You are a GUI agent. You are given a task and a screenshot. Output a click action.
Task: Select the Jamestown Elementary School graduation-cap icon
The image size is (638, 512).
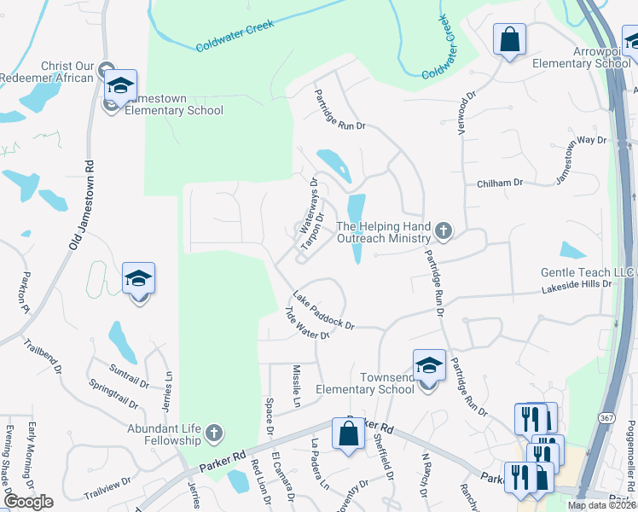[120, 85]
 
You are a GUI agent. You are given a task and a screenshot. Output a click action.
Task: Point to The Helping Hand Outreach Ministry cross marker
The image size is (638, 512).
[443, 230]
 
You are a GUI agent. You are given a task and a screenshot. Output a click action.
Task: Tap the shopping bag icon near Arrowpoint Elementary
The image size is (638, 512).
[509, 39]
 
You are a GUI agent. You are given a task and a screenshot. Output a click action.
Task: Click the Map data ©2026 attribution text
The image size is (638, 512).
[600, 505]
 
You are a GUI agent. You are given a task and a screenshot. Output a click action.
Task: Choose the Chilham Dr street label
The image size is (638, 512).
[500, 183]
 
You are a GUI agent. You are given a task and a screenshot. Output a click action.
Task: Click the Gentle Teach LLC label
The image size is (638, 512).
[589, 272]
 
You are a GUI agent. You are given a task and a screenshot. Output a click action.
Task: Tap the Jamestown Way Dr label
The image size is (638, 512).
[580, 159]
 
